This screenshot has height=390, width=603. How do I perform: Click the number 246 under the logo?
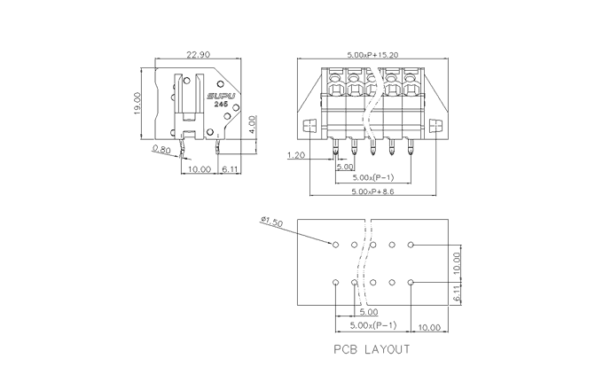point(221,105)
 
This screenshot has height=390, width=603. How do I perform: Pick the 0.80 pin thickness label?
point(161,150)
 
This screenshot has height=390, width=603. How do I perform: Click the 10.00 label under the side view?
point(199,168)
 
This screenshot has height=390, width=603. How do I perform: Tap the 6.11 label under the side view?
point(229,168)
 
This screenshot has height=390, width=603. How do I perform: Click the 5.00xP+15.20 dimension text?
point(372,55)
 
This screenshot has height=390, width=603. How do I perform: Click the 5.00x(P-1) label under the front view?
point(372,177)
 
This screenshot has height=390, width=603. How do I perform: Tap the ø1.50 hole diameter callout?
point(271,222)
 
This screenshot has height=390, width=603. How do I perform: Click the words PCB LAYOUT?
point(372,349)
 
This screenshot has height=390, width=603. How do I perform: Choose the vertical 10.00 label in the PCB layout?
point(456,262)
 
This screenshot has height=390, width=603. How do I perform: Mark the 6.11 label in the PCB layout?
point(456,294)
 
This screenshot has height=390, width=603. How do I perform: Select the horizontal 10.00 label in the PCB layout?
point(429,328)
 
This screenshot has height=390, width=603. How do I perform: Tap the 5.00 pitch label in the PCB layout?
point(367,312)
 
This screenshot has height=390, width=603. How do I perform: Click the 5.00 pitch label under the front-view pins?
point(345,167)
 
